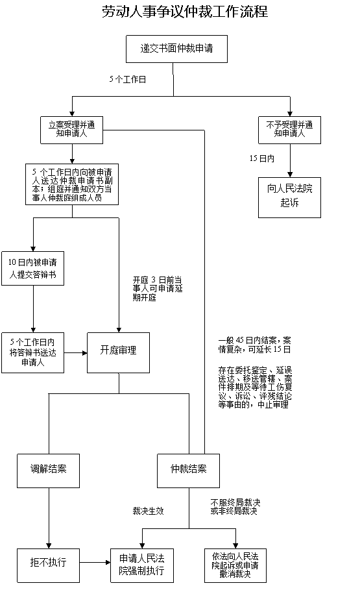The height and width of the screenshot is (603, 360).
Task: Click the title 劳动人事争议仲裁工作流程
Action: [185, 12]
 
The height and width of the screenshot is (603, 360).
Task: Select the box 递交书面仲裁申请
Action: [176, 49]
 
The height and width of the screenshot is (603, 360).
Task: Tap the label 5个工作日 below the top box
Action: [128, 79]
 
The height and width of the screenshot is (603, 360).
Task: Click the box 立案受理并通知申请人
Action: [72, 130]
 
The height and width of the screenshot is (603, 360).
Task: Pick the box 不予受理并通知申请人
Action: [290, 130]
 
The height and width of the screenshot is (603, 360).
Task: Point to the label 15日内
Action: [262, 158]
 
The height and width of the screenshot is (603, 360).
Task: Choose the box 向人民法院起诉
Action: [290, 198]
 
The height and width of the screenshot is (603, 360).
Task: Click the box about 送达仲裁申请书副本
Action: [72, 184]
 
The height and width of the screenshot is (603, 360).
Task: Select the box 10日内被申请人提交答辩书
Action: [32, 269]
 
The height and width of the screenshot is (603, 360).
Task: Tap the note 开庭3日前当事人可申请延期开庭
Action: [158, 289]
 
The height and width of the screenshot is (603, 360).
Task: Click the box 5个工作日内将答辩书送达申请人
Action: [32, 352]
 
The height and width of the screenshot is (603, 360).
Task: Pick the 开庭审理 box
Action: [118, 352]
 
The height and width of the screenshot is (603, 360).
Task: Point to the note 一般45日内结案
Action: [255, 345]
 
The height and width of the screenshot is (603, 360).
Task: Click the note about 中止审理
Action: [255, 388]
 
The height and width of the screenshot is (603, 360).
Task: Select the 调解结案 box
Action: [49, 471]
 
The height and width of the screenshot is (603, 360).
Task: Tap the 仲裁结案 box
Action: [189, 471]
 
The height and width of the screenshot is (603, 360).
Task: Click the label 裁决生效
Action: [149, 511]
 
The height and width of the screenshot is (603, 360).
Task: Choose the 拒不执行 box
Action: [49, 565]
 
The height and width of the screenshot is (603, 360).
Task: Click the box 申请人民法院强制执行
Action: [142, 565]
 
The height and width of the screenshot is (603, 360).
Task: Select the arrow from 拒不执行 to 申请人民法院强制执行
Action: [95, 563]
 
